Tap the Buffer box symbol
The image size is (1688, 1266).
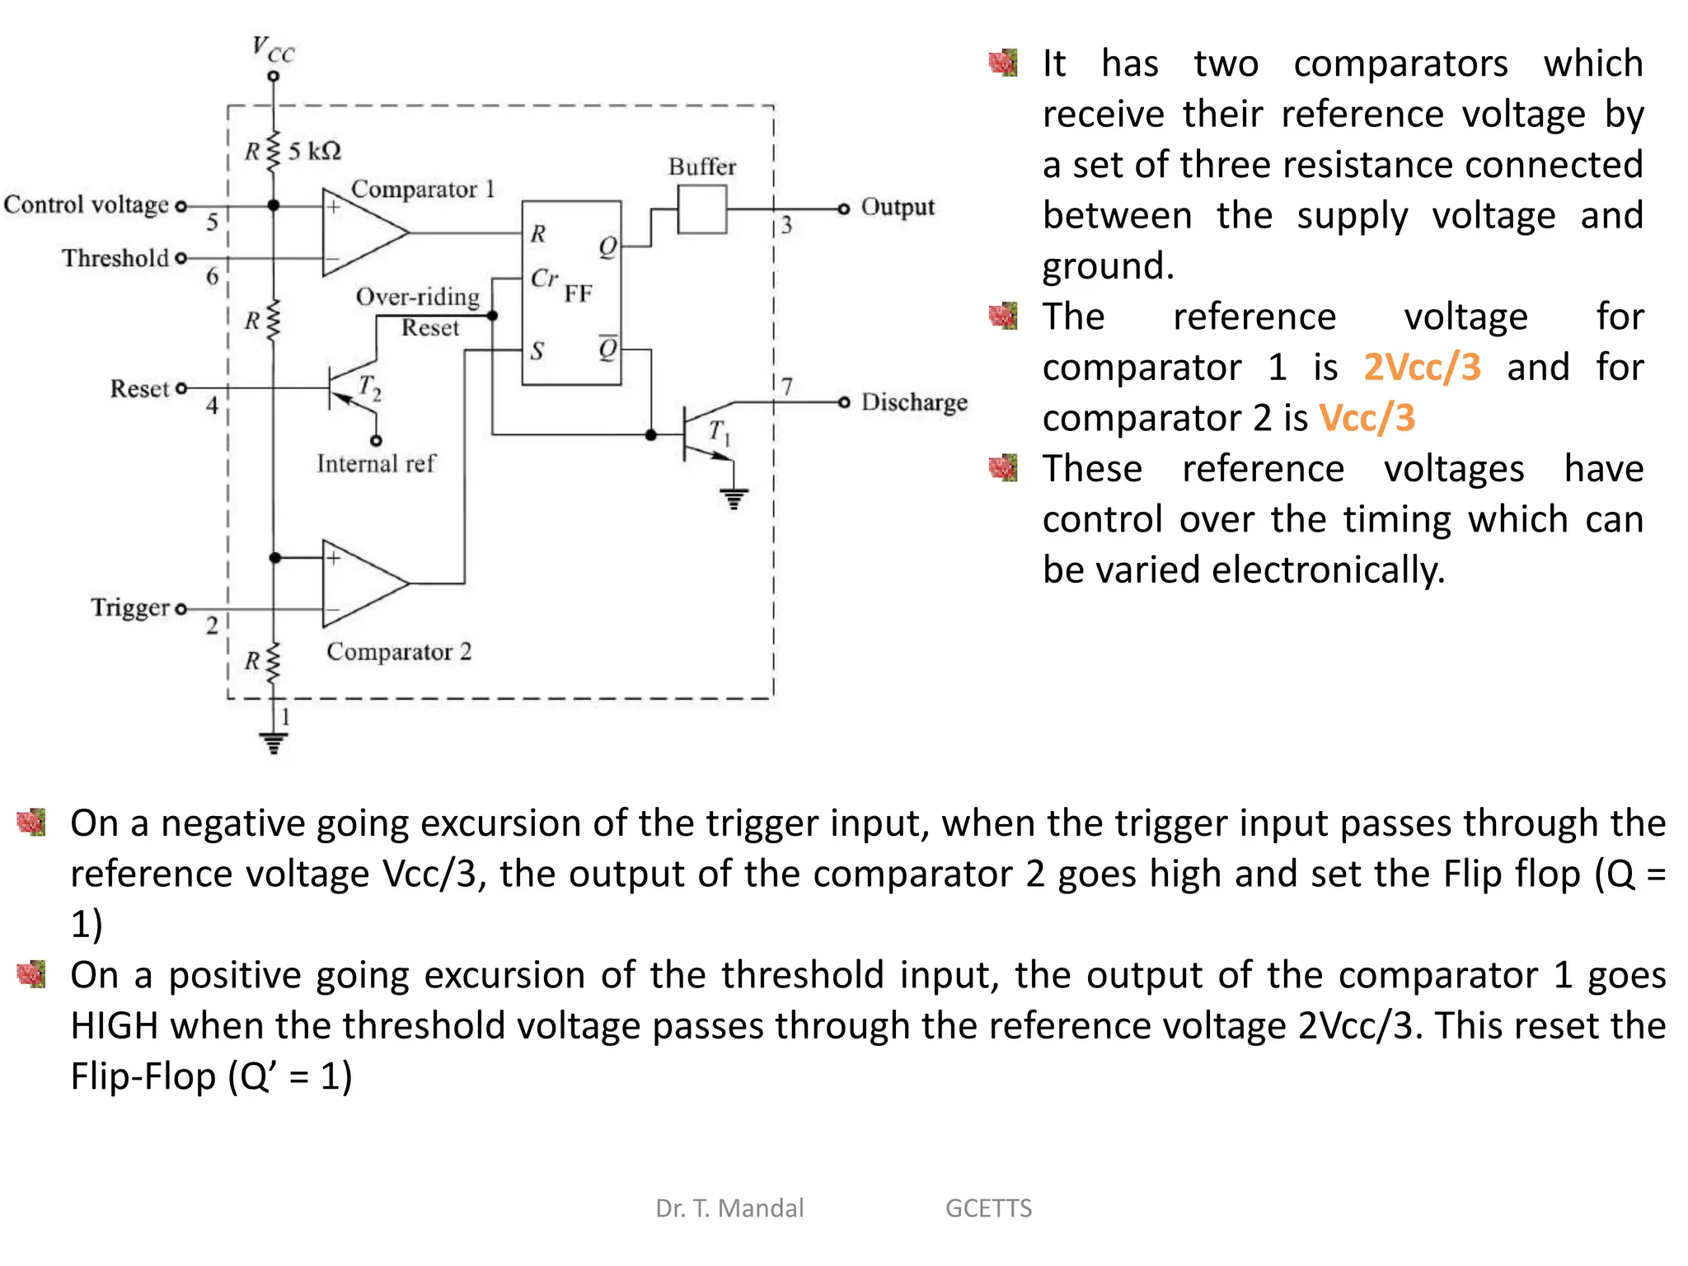point(702,209)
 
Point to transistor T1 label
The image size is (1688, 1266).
point(720,432)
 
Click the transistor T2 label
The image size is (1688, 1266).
point(369,387)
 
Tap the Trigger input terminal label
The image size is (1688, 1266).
point(130,608)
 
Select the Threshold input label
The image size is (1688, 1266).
point(115,259)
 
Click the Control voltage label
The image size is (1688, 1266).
point(87,205)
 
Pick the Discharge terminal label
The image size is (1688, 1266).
point(914,402)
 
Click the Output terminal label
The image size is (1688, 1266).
point(898,207)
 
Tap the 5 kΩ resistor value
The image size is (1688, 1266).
point(314,151)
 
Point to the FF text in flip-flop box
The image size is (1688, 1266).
point(578,294)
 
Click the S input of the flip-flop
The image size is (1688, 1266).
point(537,351)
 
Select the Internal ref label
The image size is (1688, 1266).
point(375,464)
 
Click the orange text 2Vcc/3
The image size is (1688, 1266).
point(1422,368)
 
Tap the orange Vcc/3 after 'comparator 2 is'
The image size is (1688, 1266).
point(1367,419)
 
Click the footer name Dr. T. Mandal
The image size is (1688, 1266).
point(729,1208)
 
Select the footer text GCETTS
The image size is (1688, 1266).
point(987,1208)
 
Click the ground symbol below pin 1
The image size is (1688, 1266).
point(273,743)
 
